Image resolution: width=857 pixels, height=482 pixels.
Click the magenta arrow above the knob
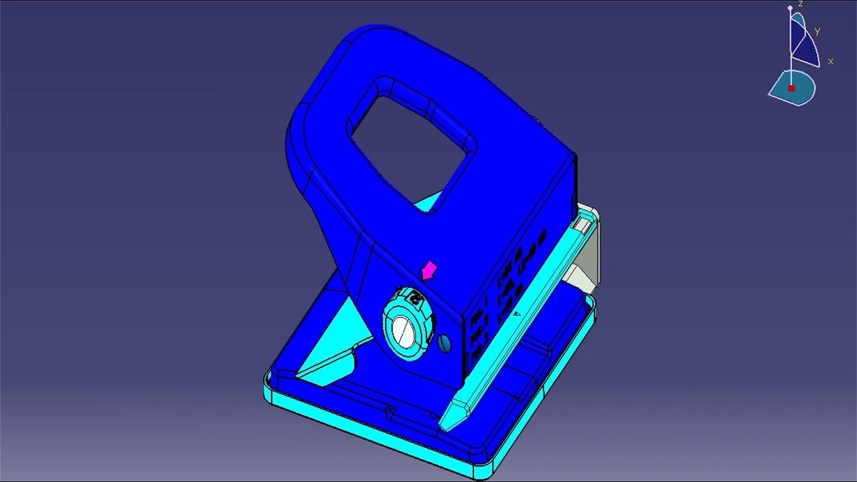pos(428,271)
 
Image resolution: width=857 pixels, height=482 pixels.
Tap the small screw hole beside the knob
pos(445,343)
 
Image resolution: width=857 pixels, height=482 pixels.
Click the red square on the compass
pos(791,88)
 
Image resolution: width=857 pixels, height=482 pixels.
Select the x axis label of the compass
pos(830,61)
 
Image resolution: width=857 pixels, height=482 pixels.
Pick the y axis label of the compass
pos(817,31)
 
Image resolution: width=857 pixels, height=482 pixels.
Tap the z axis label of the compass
pos(800,4)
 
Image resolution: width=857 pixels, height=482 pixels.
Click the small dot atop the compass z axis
pos(790,8)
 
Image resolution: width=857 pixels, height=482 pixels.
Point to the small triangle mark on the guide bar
pos(516,313)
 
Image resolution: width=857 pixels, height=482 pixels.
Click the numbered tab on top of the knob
pos(412,298)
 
